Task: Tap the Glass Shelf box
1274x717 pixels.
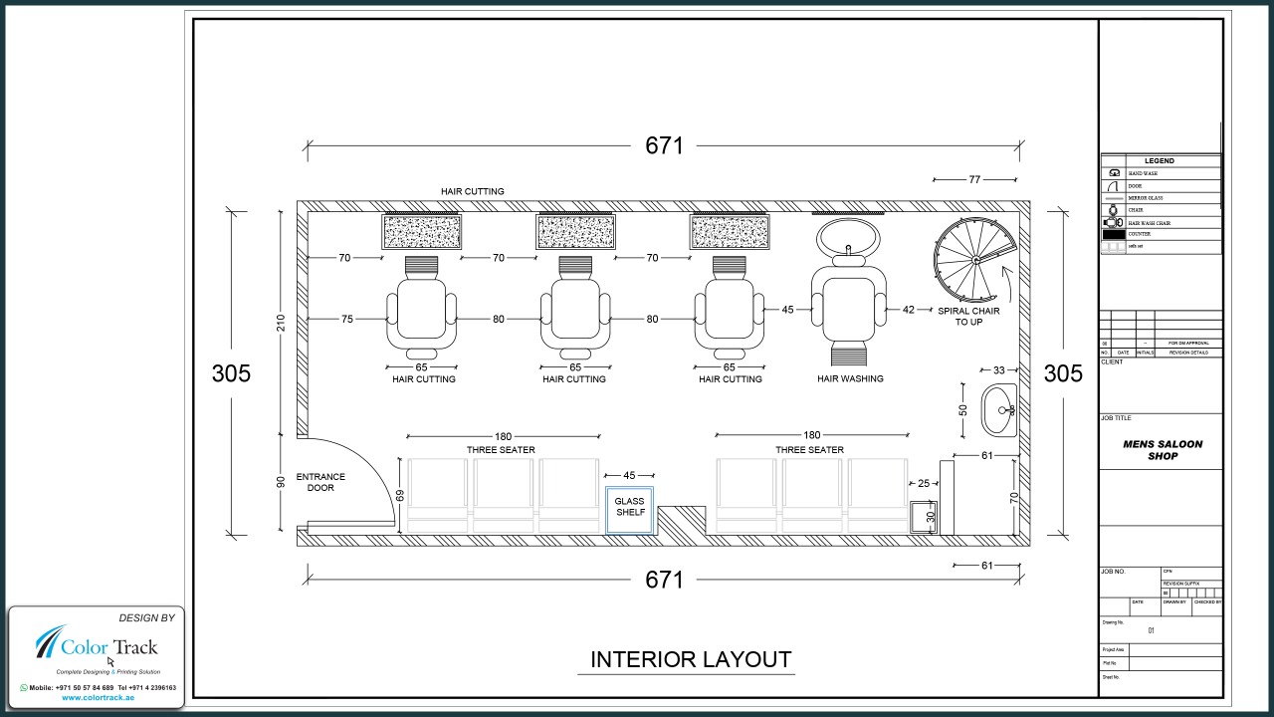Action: pos(630,507)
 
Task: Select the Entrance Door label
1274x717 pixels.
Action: pos(320,483)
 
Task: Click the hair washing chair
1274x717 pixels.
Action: pos(849,303)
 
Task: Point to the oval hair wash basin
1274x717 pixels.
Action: pos(849,239)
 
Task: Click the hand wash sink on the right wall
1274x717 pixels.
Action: pos(998,409)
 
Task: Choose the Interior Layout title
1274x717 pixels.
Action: pos(690,659)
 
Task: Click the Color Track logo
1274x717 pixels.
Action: pos(97,647)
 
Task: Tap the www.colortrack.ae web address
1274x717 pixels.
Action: pos(98,697)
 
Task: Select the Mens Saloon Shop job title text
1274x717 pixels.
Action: pos(1162,450)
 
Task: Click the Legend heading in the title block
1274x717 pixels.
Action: pos(1159,160)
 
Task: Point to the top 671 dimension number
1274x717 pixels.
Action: pos(664,145)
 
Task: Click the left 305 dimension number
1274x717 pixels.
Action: pos(231,373)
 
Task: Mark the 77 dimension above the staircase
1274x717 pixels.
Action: pos(974,179)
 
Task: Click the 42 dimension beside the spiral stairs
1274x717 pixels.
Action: pos(908,310)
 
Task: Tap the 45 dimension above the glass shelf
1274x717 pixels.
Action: pos(629,475)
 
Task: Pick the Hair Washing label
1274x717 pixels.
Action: pos(850,378)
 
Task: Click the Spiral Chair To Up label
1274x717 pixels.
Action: pos(968,317)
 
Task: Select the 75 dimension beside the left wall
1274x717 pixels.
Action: pos(346,319)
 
